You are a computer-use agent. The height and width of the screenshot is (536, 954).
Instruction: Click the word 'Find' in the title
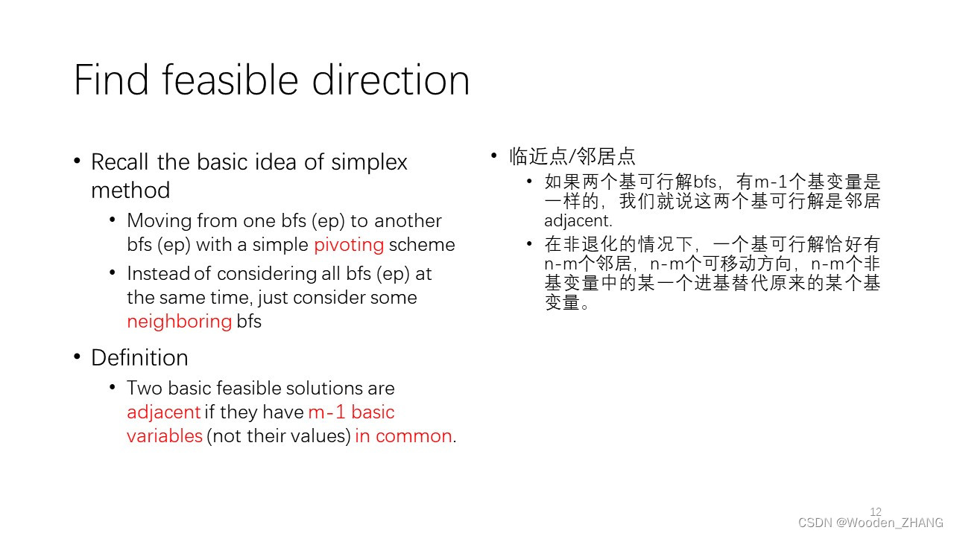(111, 80)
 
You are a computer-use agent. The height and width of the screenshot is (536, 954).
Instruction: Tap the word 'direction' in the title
(391, 80)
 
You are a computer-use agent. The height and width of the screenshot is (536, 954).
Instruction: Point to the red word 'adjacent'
(163, 412)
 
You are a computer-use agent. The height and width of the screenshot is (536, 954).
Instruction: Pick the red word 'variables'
(165, 436)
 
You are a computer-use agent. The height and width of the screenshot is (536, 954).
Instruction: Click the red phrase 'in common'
(403, 436)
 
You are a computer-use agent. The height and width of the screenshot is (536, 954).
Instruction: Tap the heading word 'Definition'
(139, 357)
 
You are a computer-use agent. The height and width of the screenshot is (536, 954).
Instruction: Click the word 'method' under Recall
(130, 190)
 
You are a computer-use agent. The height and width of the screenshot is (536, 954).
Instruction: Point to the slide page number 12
(876, 511)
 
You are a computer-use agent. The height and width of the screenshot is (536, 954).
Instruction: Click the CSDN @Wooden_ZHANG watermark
(871, 523)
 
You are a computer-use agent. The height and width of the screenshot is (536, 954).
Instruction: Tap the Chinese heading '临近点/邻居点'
(572, 156)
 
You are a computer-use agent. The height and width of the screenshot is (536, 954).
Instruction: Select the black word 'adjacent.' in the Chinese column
(578, 221)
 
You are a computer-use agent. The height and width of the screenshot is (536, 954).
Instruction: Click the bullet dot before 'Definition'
(77, 357)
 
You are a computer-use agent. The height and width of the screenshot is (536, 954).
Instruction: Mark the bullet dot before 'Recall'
(77, 161)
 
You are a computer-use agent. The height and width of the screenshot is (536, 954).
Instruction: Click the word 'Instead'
(159, 273)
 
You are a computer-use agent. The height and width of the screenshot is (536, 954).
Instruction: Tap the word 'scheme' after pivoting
(422, 245)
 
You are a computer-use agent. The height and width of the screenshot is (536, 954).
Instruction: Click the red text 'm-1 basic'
(351, 412)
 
